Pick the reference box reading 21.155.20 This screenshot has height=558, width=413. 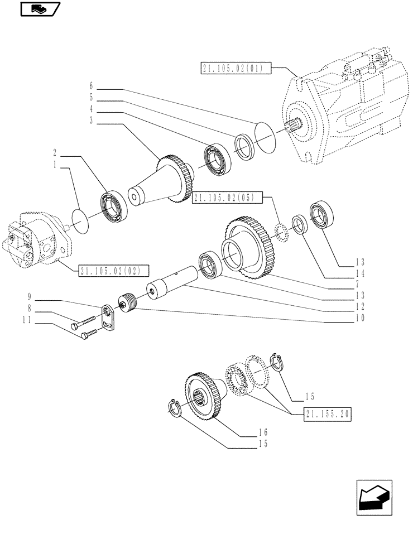pyautogui.click(x=329, y=413)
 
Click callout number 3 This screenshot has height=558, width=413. pyautogui.click(x=90, y=121)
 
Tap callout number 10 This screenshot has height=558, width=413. pyautogui.click(x=359, y=318)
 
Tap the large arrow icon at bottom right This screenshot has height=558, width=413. pyautogui.click(x=374, y=497)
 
